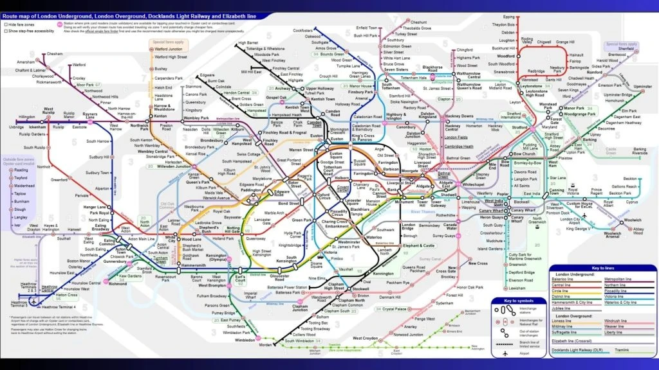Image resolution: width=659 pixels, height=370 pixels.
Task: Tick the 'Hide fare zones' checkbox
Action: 5,24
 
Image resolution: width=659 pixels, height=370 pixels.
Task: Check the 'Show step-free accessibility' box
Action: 5,30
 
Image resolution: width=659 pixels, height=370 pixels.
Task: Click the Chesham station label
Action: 55,54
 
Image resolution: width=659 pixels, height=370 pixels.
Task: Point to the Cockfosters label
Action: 303,30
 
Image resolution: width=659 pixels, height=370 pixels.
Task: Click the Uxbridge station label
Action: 17,127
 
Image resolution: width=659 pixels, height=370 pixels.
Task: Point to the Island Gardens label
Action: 490,249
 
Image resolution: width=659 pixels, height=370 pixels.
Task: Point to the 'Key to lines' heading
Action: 604,267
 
